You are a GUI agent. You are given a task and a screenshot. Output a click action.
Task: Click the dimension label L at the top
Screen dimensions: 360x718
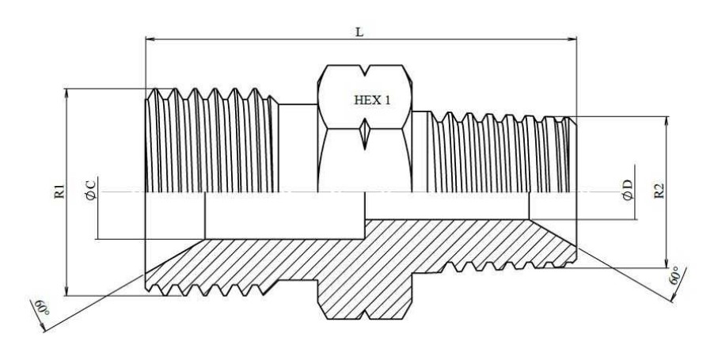click(x=361, y=28)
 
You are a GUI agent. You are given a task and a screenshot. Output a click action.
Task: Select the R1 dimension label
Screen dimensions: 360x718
click(x=59, y=191)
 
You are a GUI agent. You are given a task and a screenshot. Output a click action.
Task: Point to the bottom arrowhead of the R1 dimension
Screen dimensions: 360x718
click(x=68, y=292)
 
